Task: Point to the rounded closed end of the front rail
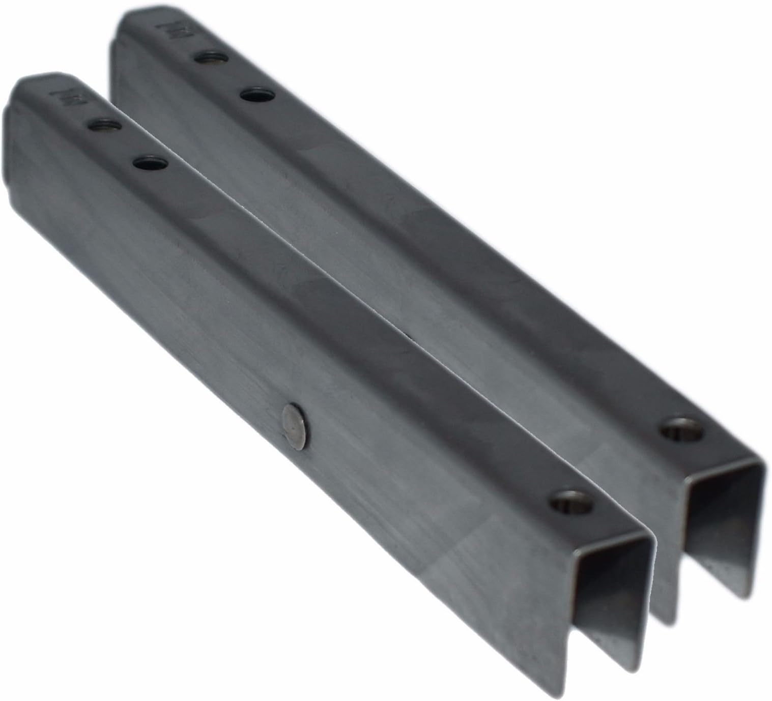click(x=15, y=102)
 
